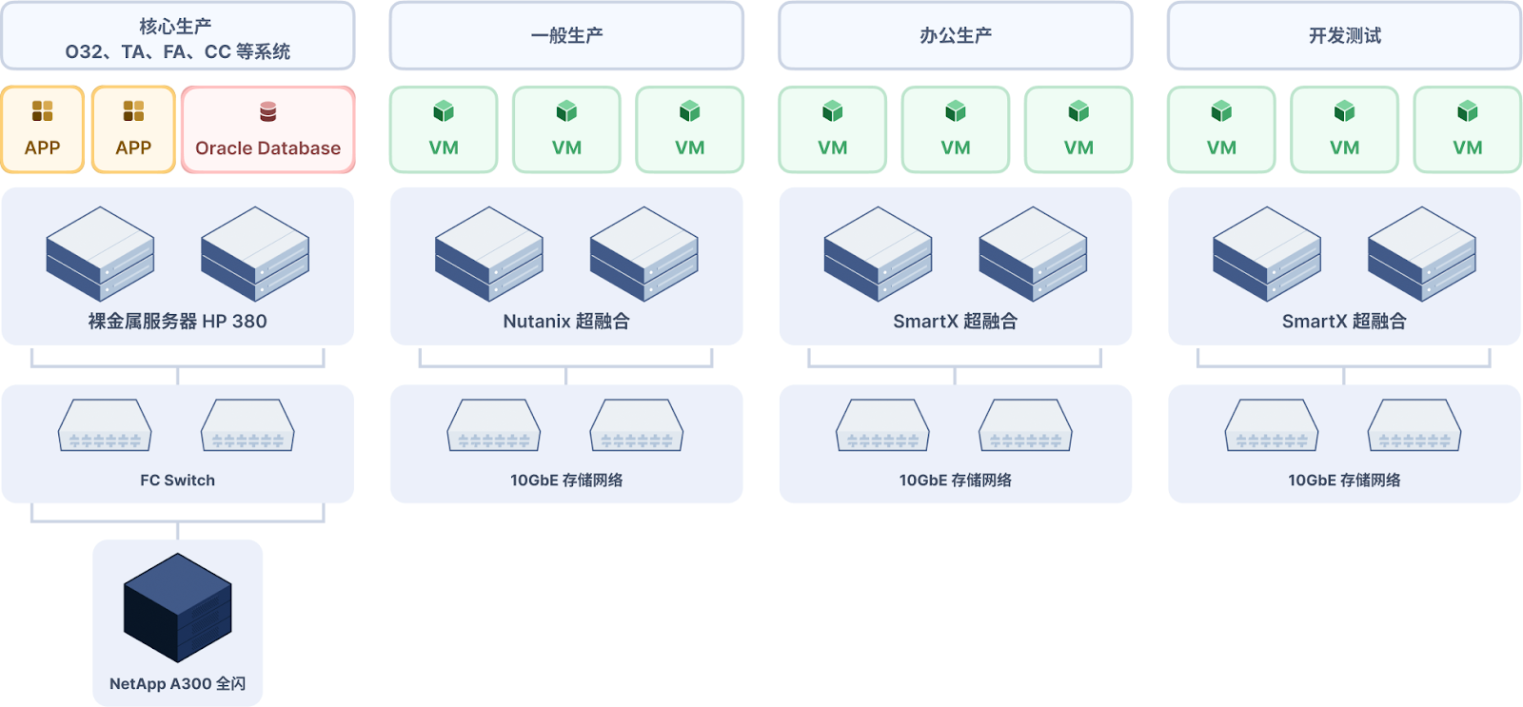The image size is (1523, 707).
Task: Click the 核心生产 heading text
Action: tap(176, 26)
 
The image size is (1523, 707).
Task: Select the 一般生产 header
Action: tap(566, 36)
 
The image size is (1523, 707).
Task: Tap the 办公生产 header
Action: tap(955, 36)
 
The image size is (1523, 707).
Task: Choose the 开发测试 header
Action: tap(1344, 36)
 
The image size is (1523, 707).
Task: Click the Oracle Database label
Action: tap(267, 148)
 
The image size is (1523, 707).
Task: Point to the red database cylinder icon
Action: tap(267, 112)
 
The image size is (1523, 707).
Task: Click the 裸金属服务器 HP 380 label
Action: tap(177, 322)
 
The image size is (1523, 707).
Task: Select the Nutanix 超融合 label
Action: tap(566, 322)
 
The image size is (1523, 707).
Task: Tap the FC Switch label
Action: tap(177, 481)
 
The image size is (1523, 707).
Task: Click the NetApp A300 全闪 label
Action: tap(177, 683)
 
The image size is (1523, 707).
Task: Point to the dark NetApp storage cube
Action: tap(178, 607)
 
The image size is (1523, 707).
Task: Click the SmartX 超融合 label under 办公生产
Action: tap(955, 322)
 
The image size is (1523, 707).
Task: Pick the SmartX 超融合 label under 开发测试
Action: tap(1344, 322)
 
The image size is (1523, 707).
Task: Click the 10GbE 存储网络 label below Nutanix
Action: tap(566, 481)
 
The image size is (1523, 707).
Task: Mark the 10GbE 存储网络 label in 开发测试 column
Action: tap(1344, 481)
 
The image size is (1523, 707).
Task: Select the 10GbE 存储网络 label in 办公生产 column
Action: tap(955, 481)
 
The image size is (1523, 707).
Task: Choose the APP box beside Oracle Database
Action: tap(133, 129)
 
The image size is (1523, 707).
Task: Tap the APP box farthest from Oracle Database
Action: tap(42, 129)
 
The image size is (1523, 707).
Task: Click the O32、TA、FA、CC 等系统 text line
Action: tap(177, 51)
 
